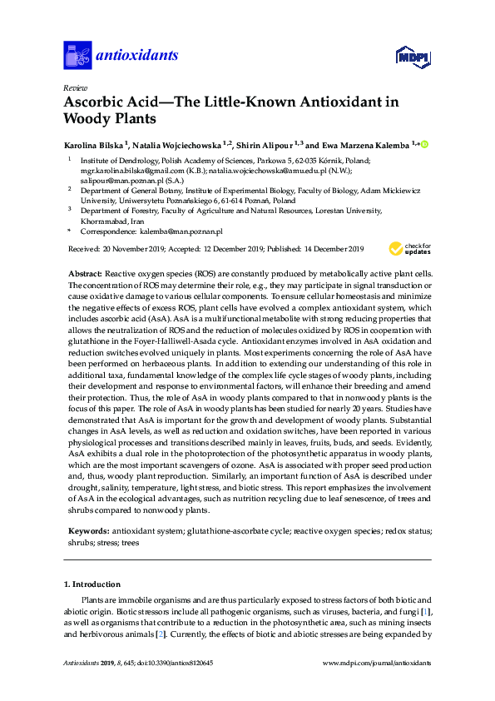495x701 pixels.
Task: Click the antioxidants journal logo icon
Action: pos(77,55)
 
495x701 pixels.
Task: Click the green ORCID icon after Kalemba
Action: pos(425,144)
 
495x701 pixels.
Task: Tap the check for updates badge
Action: pos(408,248)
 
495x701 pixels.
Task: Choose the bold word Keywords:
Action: pos(88,530)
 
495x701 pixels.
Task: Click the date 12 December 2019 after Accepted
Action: pos(223,248)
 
